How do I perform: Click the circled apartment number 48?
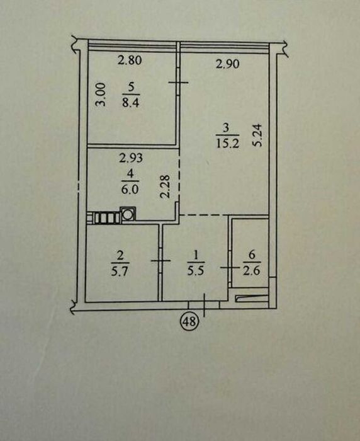(190, 321)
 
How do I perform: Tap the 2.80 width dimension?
(130, 60)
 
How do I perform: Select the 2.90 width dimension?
(228, 64)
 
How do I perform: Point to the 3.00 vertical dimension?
(100, 94)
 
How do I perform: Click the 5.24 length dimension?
(257, 135)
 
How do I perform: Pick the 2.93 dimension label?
(131, 158)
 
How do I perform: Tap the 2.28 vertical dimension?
(166, 186)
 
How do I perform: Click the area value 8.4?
(131, 103)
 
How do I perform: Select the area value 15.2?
(228, 144)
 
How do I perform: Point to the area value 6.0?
(130, 189)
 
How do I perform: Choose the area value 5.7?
(120, 272)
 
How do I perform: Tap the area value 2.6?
(252, 271)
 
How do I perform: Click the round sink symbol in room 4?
(128, 214)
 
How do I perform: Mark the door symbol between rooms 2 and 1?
(160, 261)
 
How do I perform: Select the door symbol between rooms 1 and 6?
(230, 268)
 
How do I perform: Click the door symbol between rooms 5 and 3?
(178, 82)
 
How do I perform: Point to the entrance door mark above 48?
(204, 305)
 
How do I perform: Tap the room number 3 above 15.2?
(226, 129)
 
